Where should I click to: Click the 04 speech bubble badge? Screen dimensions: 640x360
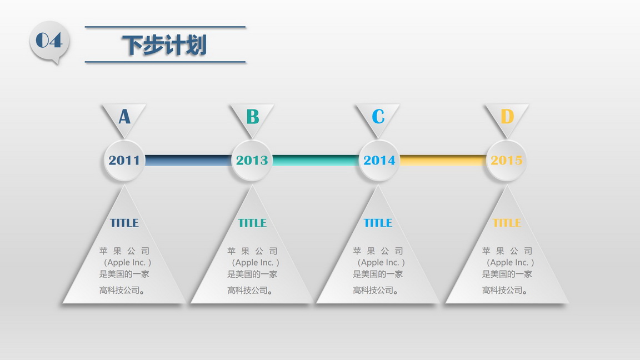click(49, 42)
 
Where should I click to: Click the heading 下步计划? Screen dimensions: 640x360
click(164, 44)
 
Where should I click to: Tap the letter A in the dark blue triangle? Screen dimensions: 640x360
click(124, 116)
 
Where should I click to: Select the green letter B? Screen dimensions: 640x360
click(253, 116)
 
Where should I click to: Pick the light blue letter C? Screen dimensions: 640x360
click(378, 116)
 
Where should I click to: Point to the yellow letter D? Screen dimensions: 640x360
click(507, 116)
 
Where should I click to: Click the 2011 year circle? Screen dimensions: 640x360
click(124, 161)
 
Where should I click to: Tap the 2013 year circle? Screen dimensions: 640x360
click(252, 161)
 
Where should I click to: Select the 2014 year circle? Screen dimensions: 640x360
click(379, 161)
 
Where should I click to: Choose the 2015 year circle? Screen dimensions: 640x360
click(507, 161)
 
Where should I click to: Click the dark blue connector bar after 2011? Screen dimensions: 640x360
click(188, 161)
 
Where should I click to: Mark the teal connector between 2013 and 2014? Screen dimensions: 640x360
click(316, 161)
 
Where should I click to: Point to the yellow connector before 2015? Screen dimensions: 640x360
click(443, 161)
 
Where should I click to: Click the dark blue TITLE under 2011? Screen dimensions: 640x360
click(124, 223)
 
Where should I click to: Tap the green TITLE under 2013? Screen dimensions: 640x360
click(252, 223)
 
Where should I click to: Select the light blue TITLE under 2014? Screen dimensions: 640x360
click(378, 223)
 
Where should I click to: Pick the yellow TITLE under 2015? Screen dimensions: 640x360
click(507, 223)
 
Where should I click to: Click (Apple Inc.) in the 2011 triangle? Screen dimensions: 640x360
click(127, 262)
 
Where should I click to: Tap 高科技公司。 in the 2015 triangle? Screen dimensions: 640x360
click(504, 290)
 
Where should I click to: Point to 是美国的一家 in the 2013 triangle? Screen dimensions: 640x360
click(252, 274)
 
